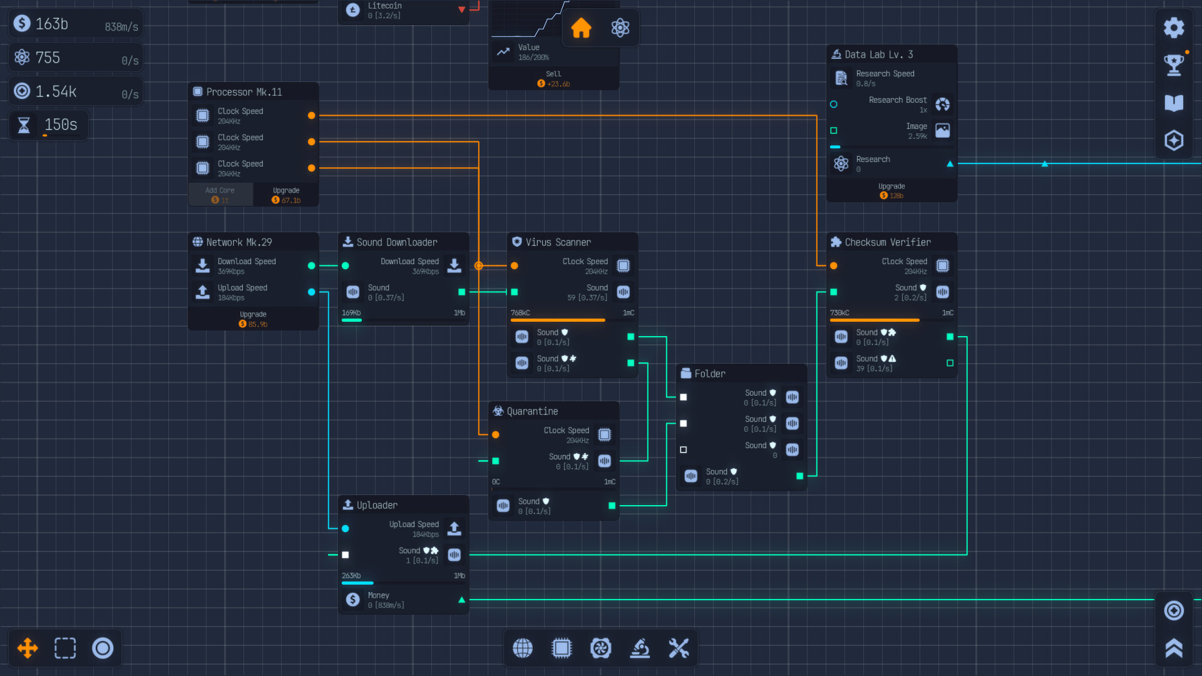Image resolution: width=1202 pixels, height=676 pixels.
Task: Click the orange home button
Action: [x=581, y=28]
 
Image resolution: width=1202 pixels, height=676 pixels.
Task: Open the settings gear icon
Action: [x=1174, y=28]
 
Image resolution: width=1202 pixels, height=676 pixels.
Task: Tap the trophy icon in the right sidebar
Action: [x=1174, y=64]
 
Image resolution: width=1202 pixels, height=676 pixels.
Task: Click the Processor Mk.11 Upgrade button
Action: [x=286, y=195]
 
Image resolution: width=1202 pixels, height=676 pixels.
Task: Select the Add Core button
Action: [x=220, y=195]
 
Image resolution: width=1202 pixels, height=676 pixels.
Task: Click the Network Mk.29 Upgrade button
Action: [x=253, y=319]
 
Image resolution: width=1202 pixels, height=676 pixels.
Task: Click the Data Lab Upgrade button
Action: [x=891, y=190]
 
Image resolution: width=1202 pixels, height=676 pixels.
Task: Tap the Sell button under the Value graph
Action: [x=553, y=78]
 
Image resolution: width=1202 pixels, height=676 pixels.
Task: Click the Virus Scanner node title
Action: [x=558, y=242]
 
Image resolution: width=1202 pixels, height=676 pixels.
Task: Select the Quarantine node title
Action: [x=532, y=411]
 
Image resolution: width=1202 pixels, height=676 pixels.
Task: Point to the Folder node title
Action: [x=709, y=374]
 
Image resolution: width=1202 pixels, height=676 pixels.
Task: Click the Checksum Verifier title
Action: [x=887, y=242]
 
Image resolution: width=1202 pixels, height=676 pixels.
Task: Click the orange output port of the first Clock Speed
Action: [x=311, y=116]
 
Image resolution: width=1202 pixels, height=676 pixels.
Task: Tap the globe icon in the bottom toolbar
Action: [x=523, y=648]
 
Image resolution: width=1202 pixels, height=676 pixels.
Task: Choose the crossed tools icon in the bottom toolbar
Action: [x=679, y=648]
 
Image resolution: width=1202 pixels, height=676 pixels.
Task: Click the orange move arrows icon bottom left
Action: [x=28, y=648]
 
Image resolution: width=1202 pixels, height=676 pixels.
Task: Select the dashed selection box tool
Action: [x=65, y=648]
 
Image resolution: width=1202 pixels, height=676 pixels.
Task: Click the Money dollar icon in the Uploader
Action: [x=353, y=600]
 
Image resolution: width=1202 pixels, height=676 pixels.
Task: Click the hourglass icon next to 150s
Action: [x=24, y=125]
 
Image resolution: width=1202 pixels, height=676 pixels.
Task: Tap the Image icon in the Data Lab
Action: [x=942, y=130]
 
